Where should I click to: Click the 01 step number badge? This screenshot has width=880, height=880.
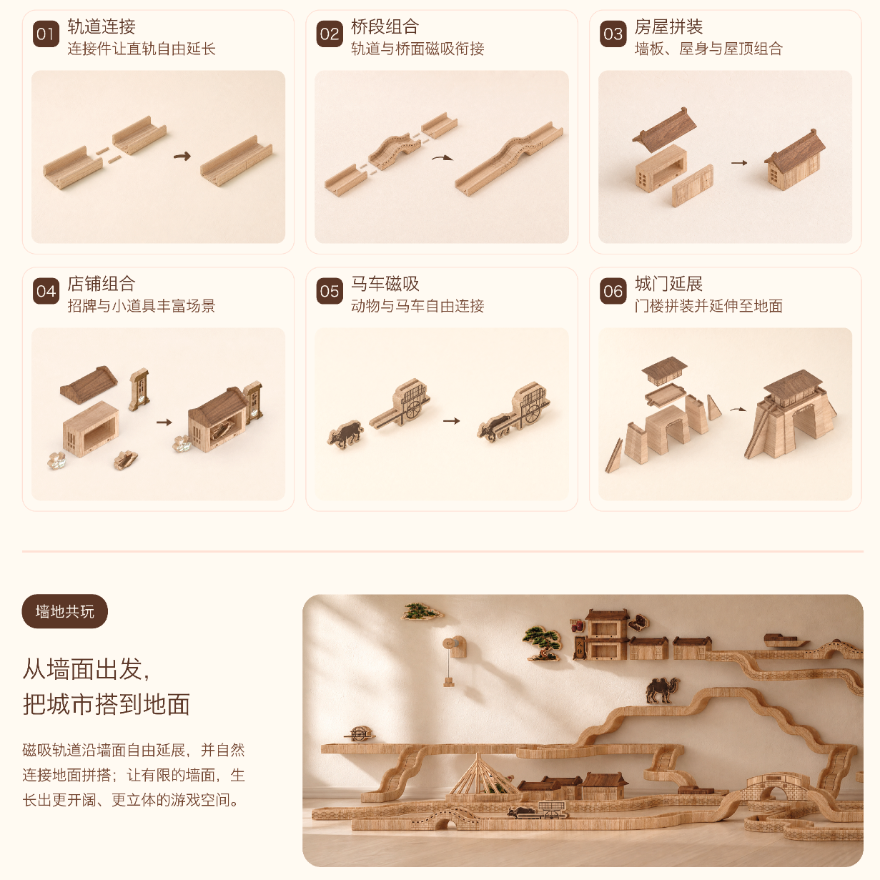pos(46,34)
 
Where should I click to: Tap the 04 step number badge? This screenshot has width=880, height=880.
pos(46,291)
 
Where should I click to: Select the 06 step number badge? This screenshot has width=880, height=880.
pos(613,291)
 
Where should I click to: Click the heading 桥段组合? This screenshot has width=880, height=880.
pos(385,26)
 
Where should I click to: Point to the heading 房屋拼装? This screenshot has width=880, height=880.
pos(668,26)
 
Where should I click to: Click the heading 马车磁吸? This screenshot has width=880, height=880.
pos(385,284)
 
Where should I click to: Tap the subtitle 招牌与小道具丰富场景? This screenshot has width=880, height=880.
pos(142,305)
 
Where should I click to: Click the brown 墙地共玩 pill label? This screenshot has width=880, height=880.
pos(65,611)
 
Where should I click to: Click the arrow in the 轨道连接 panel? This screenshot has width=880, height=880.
pos(182,157)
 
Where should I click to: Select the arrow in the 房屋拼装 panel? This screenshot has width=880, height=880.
pos(739,162)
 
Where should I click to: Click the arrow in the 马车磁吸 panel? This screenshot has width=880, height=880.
pos(451,420)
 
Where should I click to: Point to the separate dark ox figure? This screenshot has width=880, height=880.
pos(345,434)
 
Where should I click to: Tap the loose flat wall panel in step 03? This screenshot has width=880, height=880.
pos(693,186)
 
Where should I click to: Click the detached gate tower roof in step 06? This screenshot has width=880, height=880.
pos(664,369)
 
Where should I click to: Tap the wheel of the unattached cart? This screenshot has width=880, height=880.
pos(413,408)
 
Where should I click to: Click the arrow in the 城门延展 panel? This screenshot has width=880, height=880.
pos(738,410)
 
